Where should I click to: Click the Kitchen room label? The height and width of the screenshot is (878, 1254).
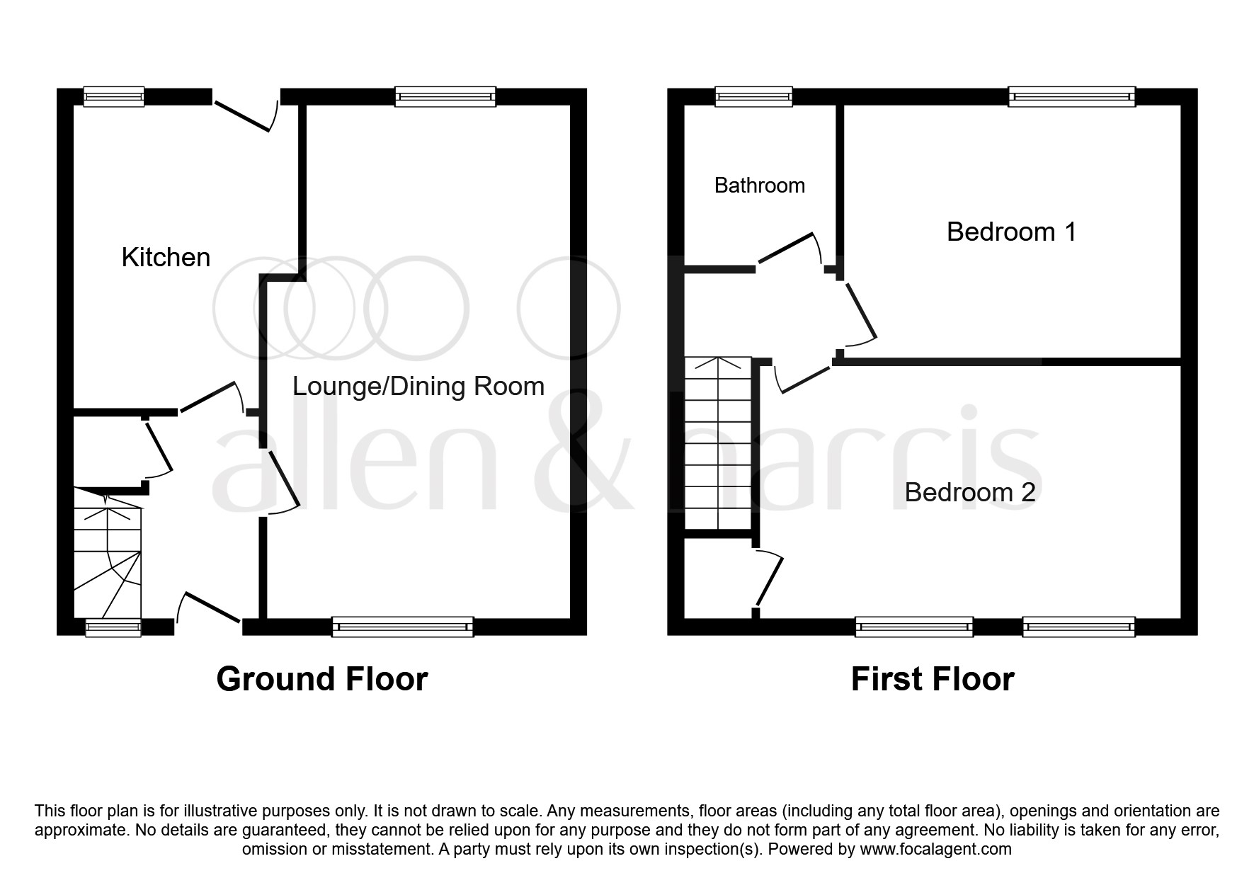166,257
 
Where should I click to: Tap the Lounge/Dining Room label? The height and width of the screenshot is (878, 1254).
418,387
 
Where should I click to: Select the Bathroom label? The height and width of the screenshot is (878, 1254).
759,186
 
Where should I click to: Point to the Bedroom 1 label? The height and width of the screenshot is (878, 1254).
1011,232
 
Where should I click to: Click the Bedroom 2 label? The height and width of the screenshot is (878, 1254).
969,492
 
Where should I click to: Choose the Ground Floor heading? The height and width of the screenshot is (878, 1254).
321,679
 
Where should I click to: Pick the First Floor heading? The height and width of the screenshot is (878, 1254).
932,679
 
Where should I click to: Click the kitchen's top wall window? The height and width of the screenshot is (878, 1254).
114,96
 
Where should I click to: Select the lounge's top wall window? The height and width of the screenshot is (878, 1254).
445,96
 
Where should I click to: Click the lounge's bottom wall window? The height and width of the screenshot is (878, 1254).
402,627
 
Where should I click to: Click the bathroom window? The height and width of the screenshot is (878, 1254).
753,96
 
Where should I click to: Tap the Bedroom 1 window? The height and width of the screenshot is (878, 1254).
1071,96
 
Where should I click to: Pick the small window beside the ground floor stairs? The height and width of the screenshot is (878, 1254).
113,627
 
